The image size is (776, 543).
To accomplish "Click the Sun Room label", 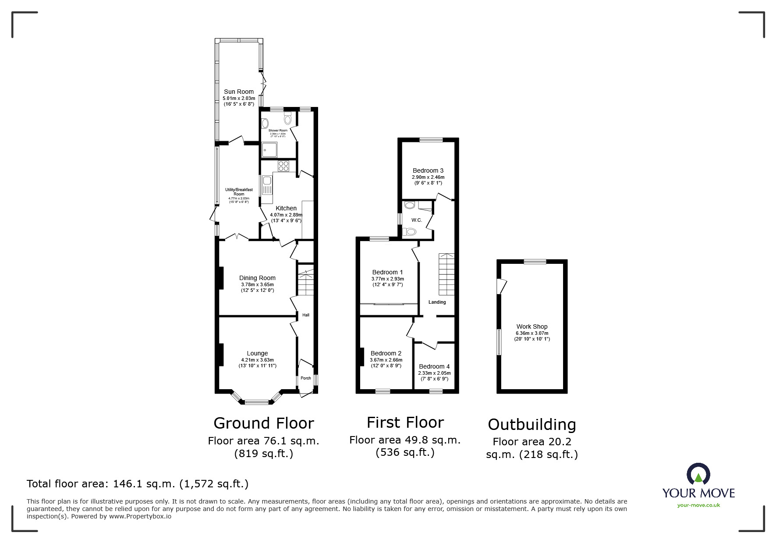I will click(x=239, y=92).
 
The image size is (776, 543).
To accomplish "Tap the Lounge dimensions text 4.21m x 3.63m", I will click(x=257, y=360).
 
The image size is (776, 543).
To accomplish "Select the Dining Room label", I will click(x=257, y=278).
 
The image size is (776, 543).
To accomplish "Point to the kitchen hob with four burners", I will click(x=283, y=166).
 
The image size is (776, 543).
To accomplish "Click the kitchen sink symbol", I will click(x=267, y=185).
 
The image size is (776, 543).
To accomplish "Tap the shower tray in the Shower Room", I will click(x=269, y=150).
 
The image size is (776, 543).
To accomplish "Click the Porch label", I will click(x=306, y=378).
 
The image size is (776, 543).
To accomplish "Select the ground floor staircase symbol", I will click(x=306, y=283).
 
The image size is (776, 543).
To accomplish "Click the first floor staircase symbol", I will click(x=447, y=274).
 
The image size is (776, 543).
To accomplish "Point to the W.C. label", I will click(x=417, y=220).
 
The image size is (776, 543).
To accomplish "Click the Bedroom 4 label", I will click(x=434, y=366).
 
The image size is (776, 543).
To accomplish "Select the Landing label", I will click(x=437, y=302).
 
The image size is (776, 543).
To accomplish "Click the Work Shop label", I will click(x=532, y=327).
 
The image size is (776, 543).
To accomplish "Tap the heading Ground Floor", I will click(x=264, y=423).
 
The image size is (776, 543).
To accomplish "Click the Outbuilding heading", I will click(x=532, y=425).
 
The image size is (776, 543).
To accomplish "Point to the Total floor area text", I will click(x=138, y=484).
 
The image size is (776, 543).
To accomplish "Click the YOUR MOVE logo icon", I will click(x=698, y=474).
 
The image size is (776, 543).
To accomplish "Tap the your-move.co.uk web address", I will click(x=698, y=505).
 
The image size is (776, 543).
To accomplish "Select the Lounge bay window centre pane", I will click(x=257, y=401).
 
